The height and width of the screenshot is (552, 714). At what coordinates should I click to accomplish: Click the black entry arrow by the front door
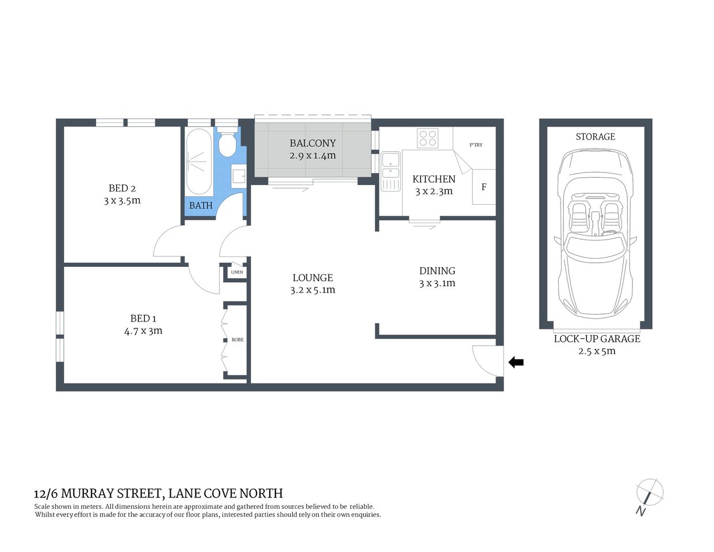tap(516, 362)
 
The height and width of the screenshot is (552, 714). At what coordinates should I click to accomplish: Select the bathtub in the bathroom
tap(199, 162)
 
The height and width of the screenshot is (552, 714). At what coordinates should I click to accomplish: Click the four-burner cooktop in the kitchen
tap(427, 138)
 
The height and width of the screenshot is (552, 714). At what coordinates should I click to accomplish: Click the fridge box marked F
tap(483, 187)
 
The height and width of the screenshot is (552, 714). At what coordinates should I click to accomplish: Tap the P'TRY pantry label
tap(475, 145)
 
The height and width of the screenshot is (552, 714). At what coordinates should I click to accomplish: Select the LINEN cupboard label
tap(236, 272)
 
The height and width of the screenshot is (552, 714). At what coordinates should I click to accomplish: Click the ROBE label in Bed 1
tap(237, 340)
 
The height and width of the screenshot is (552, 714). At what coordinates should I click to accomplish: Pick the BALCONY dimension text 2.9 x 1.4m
tap(313, 156)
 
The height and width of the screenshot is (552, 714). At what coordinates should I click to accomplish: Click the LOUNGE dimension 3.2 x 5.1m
tap(313, 290)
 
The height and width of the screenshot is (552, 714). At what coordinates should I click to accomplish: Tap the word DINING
tap(437, 271)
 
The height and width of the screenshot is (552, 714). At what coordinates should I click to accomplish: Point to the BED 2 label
tap(122, 188)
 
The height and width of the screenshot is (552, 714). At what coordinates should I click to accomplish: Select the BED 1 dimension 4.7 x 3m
tap(143, 331)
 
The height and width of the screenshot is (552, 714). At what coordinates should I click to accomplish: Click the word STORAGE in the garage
tap(595, 137)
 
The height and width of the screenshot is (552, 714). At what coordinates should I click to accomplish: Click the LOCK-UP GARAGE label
tap(597, 339)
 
